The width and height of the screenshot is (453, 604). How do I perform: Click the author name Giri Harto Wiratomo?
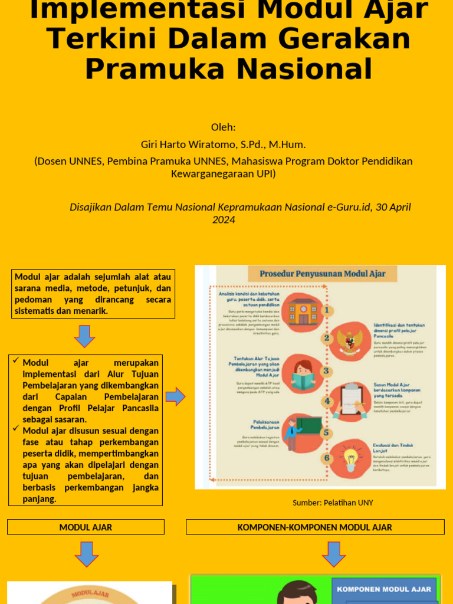pos(190,145)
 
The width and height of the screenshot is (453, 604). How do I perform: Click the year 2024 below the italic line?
pos(224,220)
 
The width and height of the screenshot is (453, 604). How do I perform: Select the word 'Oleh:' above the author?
pos(223,127)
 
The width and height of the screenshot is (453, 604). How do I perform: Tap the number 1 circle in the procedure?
pos(326,310)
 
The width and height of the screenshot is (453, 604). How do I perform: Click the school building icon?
pos(303,311)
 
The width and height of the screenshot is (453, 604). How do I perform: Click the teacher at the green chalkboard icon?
pos(300,431)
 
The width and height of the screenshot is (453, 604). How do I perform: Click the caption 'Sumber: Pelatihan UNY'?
pos(333,503)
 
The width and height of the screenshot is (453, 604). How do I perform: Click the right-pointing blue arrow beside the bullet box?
pos(175,397)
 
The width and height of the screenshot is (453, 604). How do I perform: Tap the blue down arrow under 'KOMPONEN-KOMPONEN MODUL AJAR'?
pos(333,554)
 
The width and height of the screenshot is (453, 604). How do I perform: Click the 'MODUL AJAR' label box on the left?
pos(86,527)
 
